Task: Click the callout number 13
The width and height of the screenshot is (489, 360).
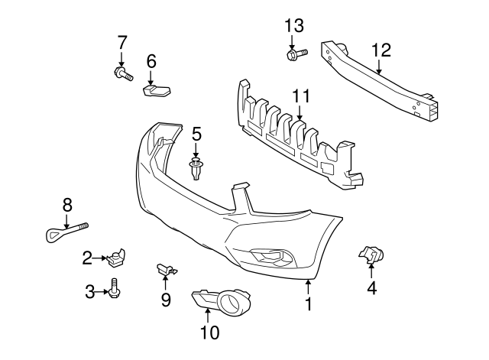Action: (x=294, y=24)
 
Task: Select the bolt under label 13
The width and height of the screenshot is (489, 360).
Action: (x=296, y=54)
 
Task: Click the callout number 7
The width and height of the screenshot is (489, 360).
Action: (x=121, y=41)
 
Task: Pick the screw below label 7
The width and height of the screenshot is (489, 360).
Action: (x=122, y=74)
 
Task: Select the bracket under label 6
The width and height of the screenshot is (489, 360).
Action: (x=157, y=91)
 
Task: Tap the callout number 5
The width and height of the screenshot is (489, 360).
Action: (x=196, y=134)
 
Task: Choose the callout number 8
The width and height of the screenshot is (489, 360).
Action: (x=67, y=204)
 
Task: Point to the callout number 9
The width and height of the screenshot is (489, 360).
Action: (x=166, y=300)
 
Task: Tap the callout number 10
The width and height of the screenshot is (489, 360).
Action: (x=209, y=332)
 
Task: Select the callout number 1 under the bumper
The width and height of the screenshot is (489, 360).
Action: (x=308, y=305)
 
